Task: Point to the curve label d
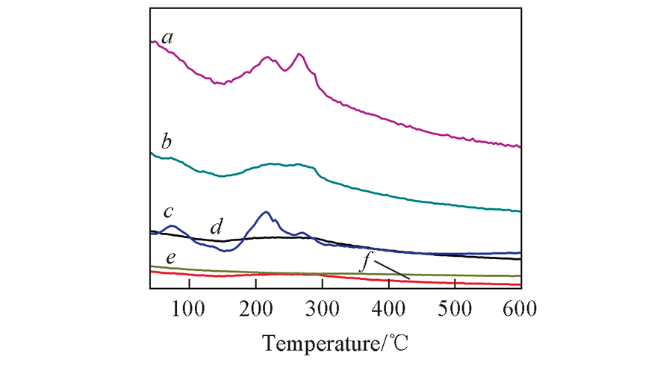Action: tap(217, 225)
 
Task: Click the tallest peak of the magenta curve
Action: tap(299, 54)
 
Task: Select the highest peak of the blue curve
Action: tap(267, 212)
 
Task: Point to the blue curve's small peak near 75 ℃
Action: tap(172, 225)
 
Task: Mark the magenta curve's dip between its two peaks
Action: tap(285, 71)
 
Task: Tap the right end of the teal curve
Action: tap(519, 212)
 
